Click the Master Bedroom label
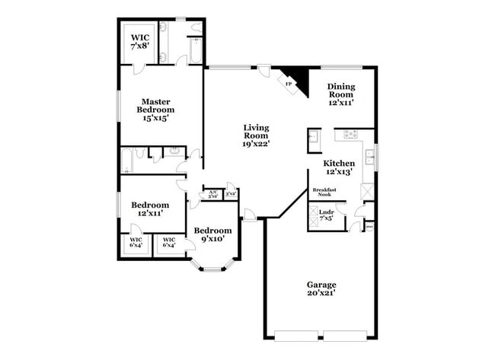click(x=153, y=110)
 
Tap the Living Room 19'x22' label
click(x=257, y=135)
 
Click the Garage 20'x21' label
click(x=321, y=288)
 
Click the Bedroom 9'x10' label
click(x=212, y=235)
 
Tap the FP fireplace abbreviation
click(x=289, y=84)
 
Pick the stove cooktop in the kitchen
click(x=351, y=135)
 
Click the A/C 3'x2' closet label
click(x=213, y=194)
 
